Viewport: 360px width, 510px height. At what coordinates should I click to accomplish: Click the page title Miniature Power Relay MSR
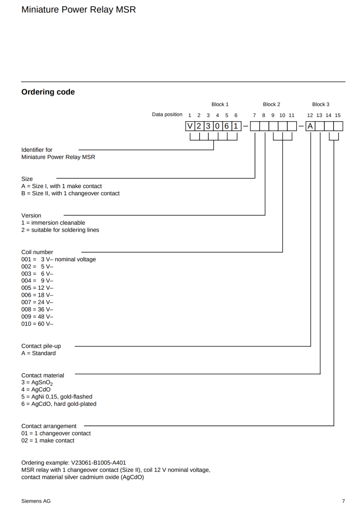point(78,10)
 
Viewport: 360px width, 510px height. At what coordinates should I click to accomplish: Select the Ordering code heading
point(48,92)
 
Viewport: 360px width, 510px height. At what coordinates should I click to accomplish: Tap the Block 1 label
point(220,104)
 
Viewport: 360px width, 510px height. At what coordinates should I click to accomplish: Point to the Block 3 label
point(320,104)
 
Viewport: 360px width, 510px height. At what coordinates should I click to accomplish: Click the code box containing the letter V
point(190,126)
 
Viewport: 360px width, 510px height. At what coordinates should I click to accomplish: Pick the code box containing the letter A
point(310,126)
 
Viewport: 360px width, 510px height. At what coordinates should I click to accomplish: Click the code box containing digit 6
point(227,126)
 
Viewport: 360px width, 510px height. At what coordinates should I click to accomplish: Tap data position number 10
point(282,115)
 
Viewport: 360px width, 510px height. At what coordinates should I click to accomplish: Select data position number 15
point(338,115)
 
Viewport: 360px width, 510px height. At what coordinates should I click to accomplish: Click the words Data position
point(167,114)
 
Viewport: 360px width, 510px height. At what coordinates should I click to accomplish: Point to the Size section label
point(27,179)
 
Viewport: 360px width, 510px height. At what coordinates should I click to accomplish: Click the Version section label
point(31,215)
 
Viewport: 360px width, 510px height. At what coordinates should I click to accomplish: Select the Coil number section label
point(37,252)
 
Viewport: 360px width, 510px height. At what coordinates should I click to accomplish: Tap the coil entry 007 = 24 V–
point(37,302)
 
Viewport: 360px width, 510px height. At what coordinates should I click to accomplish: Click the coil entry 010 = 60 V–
point(37,324)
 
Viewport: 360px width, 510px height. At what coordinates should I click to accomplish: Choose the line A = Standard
point(39,353)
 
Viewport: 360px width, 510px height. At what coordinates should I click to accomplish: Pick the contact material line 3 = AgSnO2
point(37,382)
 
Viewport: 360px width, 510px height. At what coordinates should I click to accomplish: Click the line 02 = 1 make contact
point(48,441)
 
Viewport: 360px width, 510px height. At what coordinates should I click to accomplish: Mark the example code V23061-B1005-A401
point(99,463)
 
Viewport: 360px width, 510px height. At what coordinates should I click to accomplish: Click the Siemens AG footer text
point(36,501)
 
